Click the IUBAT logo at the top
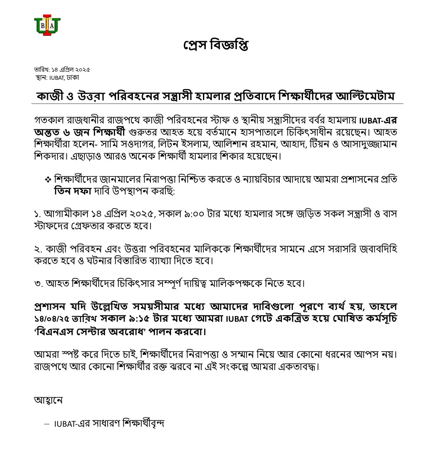point(47,25)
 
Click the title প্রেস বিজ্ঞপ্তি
point(216,45)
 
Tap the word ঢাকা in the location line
point(72,77)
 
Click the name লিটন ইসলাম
point(202,145)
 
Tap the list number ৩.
point(37,283)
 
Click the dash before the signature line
point(47,423)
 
